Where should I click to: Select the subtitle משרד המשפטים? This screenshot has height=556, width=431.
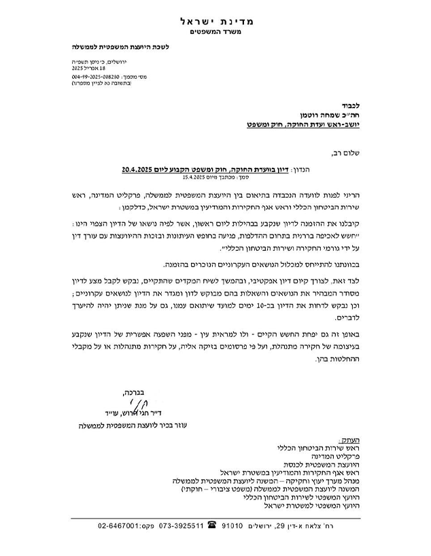[215, 33]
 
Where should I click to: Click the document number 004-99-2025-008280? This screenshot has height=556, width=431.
[99, 77]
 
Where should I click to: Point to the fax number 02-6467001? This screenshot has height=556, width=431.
[120, 525]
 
